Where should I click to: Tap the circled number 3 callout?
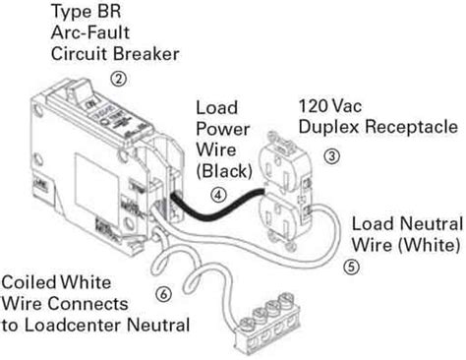[331, 155]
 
